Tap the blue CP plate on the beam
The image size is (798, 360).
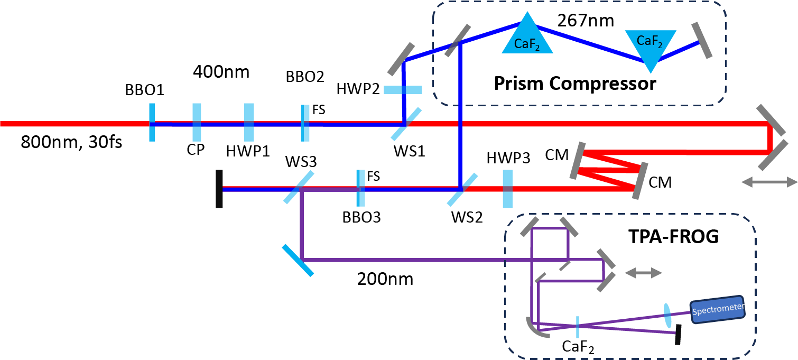197,123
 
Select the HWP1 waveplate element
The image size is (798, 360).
249,123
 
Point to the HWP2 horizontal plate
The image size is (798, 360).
403,90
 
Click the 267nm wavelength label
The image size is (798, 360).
586,21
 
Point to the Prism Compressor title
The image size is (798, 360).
575,83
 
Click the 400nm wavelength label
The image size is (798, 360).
221,71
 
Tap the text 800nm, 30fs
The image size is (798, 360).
71,142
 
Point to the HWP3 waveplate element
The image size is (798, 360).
507,189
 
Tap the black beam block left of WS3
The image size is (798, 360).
219,189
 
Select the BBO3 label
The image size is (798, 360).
361,217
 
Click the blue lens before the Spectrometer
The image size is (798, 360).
667,315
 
